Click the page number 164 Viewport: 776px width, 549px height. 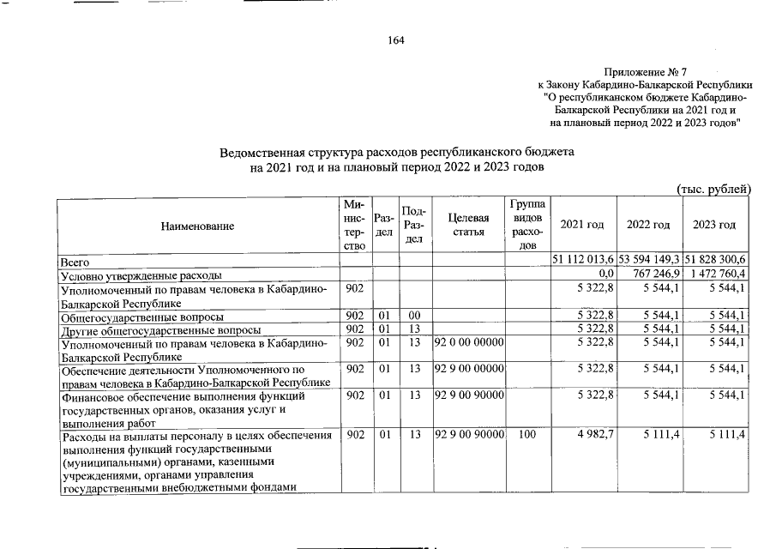coord(395,39)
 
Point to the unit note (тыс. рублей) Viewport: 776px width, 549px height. coord(713,189)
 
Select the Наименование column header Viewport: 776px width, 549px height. coord(197,225)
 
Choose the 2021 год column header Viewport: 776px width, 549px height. coord(581,225)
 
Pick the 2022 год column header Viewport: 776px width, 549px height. coord(648,225)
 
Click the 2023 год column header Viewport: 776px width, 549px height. coord(715,225)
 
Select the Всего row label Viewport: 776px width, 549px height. coord(74,260)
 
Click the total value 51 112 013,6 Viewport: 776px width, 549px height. coord(583,260)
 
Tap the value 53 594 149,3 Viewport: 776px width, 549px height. coord(649,260)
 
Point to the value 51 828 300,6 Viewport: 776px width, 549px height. coord(716,260)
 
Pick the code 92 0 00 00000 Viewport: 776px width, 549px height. coord(469,343)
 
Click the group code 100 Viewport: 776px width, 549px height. coord(527,435)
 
